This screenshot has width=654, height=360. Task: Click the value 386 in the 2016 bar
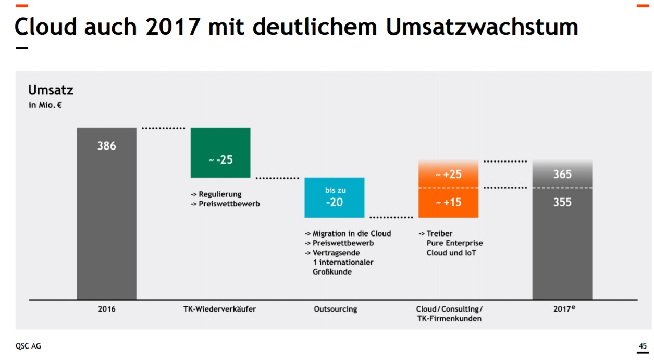click(106, 146)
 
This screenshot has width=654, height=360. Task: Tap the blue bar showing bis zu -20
click(334, 197)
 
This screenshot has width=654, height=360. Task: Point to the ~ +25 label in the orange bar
click(448, 174)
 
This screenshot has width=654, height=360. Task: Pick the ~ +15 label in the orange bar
click(448, 202)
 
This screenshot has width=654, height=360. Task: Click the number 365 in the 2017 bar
click(562, 174)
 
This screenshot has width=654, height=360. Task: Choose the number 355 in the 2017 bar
click(562, 202)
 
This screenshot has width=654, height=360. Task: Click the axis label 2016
click(106, 309)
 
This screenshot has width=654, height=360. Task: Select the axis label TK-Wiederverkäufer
click(220, 309)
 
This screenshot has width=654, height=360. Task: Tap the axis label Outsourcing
click(335, 309)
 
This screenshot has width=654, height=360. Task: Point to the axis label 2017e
click(564, 308)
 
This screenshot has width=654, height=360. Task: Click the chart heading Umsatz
click(51, 90)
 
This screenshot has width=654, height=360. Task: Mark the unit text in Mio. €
click(45, 105)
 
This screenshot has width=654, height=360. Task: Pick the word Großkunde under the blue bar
click(332, 271)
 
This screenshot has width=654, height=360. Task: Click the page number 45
click(643, 346)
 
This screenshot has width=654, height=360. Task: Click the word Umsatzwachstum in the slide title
click(482, 27)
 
